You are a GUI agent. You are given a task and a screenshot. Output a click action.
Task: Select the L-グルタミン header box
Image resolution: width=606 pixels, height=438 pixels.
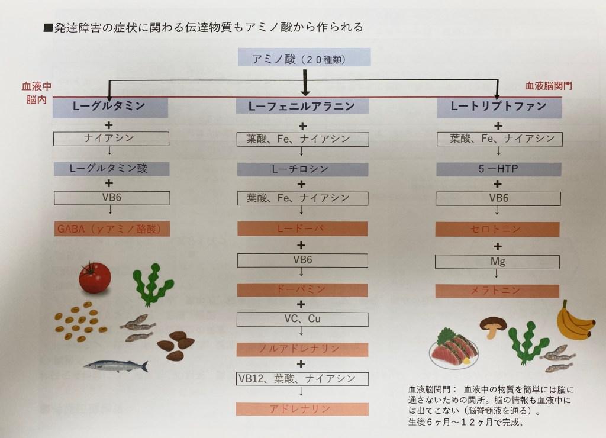pos(111,107)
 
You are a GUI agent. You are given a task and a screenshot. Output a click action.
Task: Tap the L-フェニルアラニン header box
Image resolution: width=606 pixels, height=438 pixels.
pos(302,107)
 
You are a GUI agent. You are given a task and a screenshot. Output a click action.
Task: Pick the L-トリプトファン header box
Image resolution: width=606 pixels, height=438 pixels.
pos(498,107)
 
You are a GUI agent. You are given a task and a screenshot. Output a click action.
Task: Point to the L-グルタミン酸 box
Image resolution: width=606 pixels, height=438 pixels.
pos(111,169)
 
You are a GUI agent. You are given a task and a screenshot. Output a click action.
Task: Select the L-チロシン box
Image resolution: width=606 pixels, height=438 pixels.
pos(302,169)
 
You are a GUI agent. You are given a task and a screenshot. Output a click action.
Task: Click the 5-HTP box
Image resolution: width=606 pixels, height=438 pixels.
pos(498,169)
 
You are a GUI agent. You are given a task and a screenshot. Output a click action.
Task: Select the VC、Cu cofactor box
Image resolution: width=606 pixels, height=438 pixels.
pos(302,319)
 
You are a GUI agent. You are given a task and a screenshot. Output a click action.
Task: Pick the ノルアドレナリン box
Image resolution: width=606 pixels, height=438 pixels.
pos(302,349)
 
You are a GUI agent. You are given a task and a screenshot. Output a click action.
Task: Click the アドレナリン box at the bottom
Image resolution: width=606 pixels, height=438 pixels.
pos(302,408)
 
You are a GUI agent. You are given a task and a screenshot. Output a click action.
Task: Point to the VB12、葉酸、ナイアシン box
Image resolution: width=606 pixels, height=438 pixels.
pos(302,379)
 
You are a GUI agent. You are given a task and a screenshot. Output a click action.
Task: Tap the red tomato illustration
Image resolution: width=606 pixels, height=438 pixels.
pos(95,278)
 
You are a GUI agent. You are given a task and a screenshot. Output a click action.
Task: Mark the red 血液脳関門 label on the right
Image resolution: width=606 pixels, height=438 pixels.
pos(549,86)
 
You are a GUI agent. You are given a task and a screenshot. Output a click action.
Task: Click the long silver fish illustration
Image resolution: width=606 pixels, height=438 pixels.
pos(115,366)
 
